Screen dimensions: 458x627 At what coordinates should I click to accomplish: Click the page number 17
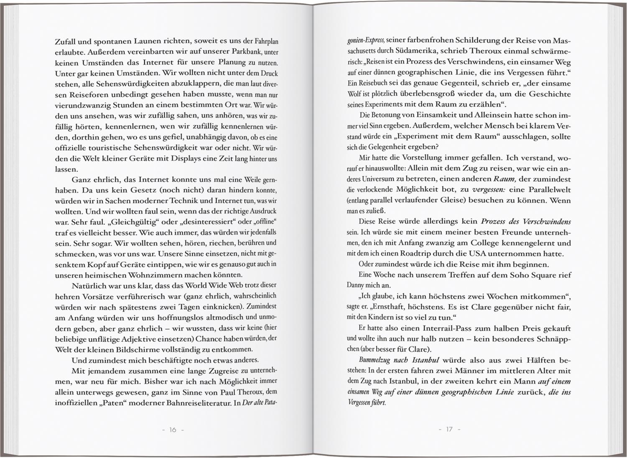[449, 429]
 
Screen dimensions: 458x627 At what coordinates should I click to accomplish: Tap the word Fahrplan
[267, 42]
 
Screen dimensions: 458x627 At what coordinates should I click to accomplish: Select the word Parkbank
[240, 53]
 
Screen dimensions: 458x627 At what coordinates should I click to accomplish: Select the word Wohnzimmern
[154, 275]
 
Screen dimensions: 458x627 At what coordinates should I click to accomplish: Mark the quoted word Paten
[122, 403]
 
